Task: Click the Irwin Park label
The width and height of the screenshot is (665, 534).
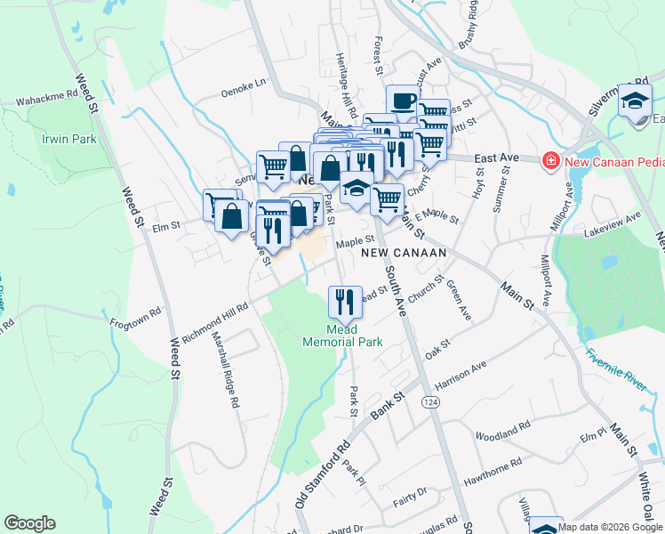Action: [x=68, y=140]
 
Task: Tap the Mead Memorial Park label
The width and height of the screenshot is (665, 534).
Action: [x=342, y=335]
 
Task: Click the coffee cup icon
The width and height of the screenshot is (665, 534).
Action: [x=403, y=101]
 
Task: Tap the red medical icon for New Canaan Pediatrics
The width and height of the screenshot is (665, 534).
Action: [x=550, y=159]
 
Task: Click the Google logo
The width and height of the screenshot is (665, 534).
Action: [x=29, y=523]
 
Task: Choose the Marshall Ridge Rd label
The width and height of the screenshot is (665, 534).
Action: [x=225, y=370]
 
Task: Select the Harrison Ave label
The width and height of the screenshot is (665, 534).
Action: [x=461, y=367]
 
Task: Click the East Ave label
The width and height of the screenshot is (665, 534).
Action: [x=496, y=158]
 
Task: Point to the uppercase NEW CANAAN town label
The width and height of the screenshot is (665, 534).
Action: [x=403, y=254]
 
